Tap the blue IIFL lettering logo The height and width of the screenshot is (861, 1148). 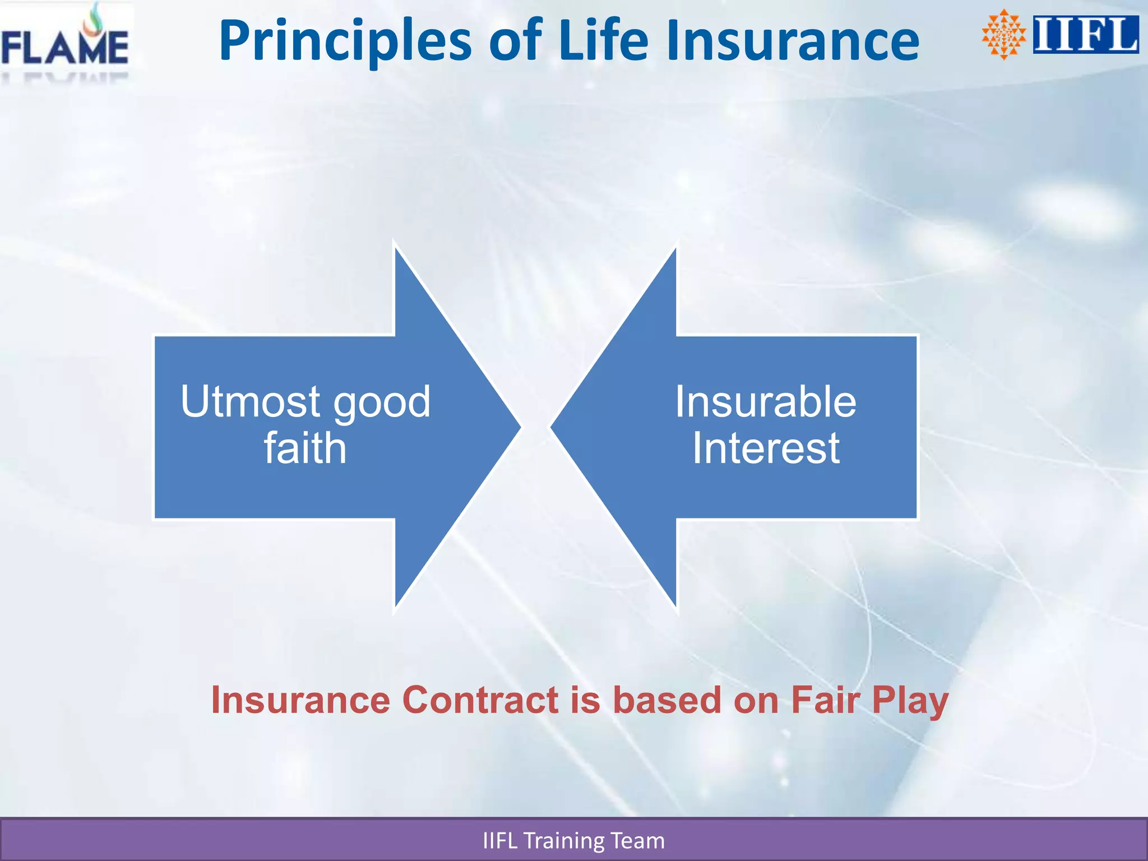pos(1085,35)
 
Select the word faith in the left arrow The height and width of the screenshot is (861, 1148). pos(305,448)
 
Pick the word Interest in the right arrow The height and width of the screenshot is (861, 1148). pos(766,448)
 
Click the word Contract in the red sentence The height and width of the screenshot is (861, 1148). pos(480,701)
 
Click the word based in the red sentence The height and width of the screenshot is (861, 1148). pos(667,701)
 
